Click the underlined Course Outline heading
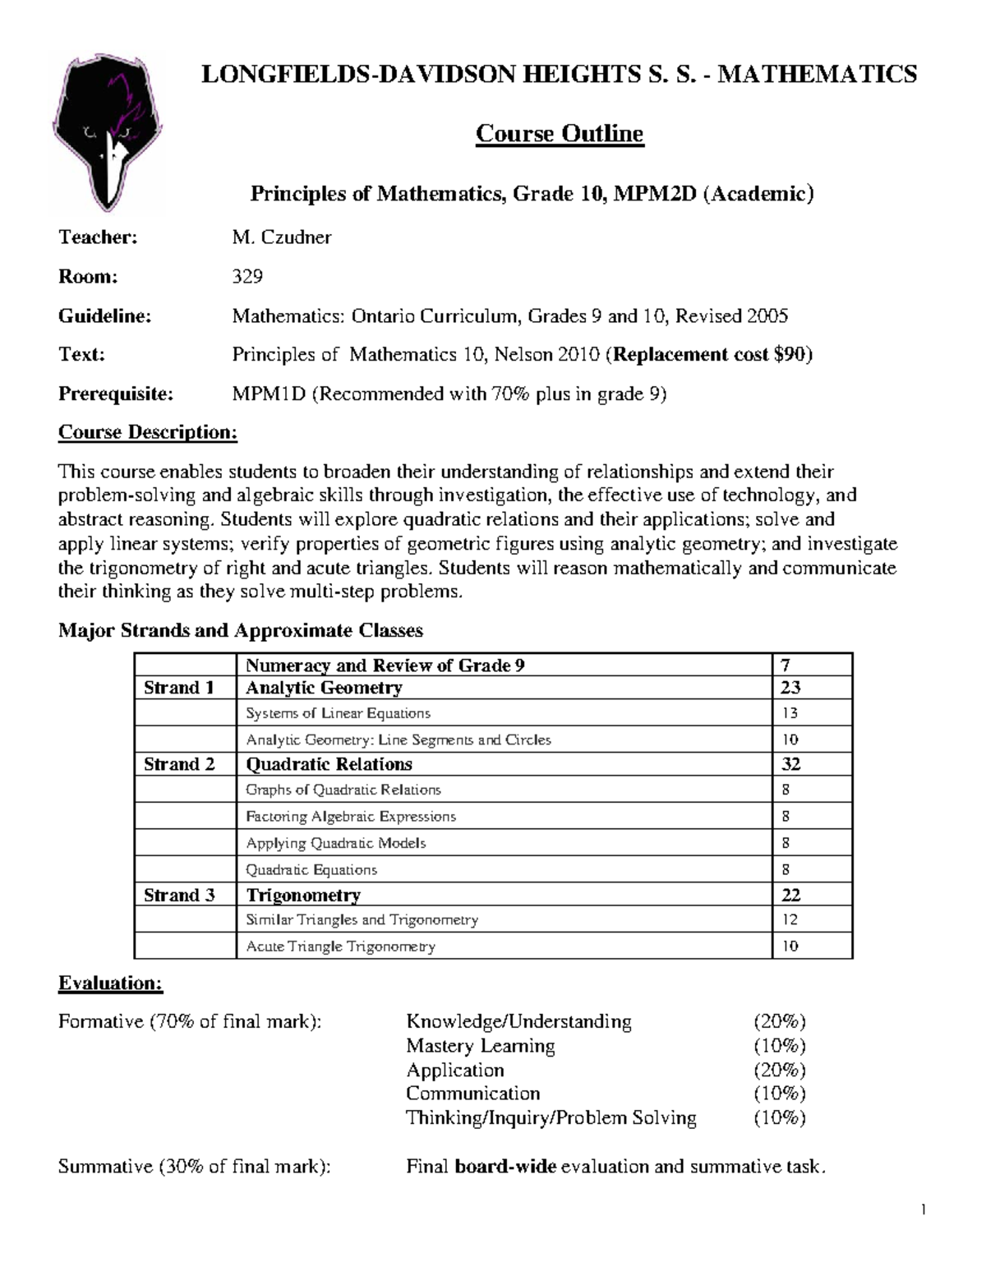tap(560, 133)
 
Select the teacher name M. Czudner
tap(282, 237)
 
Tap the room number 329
tap(247, 276)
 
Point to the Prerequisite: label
tap(116, 394)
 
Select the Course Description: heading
tap(148, 432)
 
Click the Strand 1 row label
tap(179, 688)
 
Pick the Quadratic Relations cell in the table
tap(329, 764)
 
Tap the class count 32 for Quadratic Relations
tap(790, 764)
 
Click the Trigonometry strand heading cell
tap(303, 895)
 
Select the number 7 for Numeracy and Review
tap(786, 665)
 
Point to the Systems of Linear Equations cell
tap(338, 713)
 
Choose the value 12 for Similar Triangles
tap(790, 919)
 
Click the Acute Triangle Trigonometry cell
tap(340, 946)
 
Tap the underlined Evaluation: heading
tap(111, 983)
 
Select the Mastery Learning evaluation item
tap(480, 1046)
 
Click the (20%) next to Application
tap(780, 1070)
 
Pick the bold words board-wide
tap(505, 1166)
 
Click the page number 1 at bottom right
tap(924, 1209)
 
